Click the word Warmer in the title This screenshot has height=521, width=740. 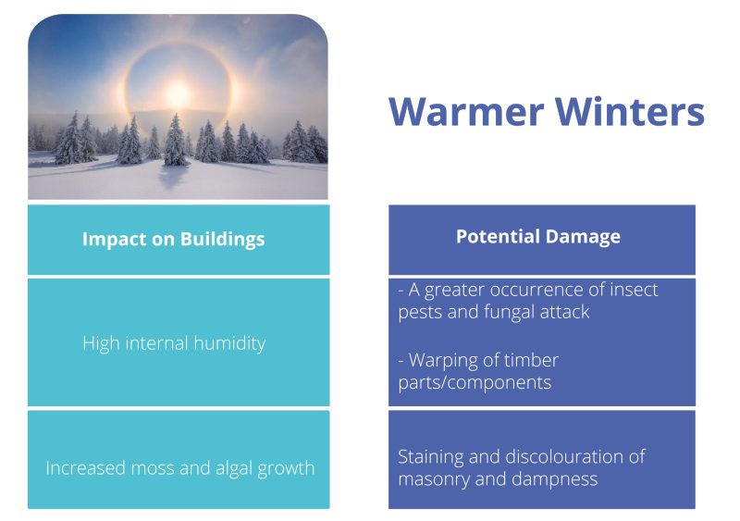(x=466, y=111)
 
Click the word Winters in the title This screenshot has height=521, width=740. (x=630, y=111)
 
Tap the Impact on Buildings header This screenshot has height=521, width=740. (x=174, y=240)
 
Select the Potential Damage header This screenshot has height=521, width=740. (x=538, y=237)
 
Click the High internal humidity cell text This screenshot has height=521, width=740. (x=174, y=343)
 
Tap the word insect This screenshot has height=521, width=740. (x=634, y=290)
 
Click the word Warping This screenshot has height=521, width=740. (x=443, y=360)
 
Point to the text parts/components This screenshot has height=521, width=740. (x=475, y=382)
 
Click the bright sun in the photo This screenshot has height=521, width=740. (x=178, y=93)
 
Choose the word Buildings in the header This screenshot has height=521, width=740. (x=222, y=240)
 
